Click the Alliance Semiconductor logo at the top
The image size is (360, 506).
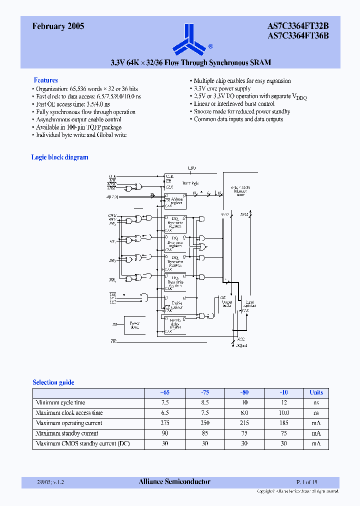189,39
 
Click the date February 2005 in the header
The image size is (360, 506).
58,27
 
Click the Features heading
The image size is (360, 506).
45,80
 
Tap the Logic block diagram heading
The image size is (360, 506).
59,157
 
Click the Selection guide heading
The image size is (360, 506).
53,382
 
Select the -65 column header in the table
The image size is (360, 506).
164,392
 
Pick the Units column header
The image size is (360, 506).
316,392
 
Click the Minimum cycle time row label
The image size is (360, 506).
60,402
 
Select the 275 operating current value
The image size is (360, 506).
164,423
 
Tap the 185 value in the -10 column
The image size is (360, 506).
284,423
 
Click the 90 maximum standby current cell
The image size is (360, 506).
164,433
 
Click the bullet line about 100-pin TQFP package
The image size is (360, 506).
78,127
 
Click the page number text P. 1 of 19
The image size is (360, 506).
306,482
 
